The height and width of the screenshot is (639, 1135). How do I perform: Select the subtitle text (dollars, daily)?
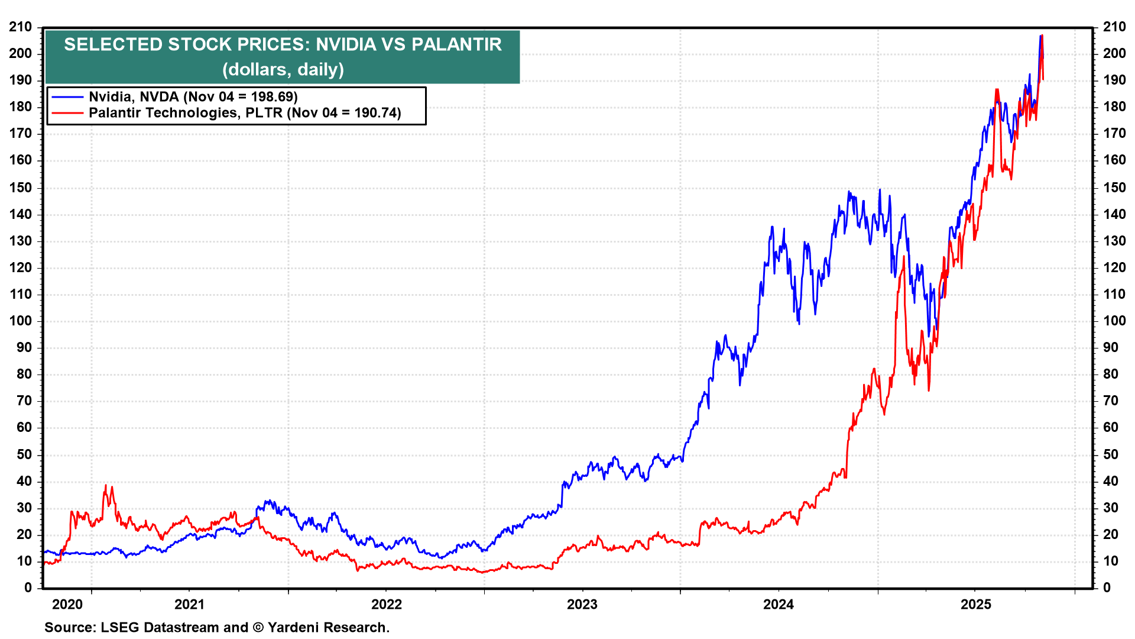(283, 69)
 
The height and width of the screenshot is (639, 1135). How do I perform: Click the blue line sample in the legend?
(67, 96)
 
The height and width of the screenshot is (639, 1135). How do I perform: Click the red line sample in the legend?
(67, 112)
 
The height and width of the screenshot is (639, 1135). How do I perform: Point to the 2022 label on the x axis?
(386, 604)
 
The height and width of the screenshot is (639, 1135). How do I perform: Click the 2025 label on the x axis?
(975, 604)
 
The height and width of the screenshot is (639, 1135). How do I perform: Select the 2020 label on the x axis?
(67, 604)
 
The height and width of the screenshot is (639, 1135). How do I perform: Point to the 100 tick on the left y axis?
(21, 321)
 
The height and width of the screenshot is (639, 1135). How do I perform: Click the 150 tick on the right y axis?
(1114, 188)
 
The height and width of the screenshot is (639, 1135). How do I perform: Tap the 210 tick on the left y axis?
(21, 27)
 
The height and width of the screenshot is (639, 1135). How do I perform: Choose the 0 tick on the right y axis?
(1107, 588)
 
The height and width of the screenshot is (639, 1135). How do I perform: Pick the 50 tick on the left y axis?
(24, 454)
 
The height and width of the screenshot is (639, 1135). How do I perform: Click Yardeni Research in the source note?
(328, 627)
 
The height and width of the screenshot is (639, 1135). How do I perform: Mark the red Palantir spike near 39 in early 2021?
(106, 486)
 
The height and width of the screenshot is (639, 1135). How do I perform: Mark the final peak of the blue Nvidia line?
(1040, 37)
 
